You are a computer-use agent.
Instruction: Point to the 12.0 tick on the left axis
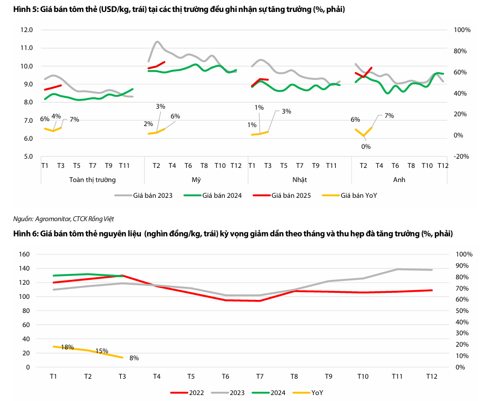pos(26,30)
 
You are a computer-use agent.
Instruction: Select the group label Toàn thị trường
pos(93,179)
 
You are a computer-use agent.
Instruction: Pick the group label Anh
pos(399,179)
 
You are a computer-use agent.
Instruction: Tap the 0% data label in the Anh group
pos(366,146)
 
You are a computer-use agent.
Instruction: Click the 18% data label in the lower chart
pos(67,347)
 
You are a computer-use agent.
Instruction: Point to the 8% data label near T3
pos(134,358)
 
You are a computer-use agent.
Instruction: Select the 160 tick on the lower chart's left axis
pos(23,254)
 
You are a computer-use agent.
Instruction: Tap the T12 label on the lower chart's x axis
pos(432,376)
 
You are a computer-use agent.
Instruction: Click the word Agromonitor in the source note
pos(53,218)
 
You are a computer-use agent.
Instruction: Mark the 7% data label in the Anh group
pos(389,116)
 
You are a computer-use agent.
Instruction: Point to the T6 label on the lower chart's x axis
pos(225,376)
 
